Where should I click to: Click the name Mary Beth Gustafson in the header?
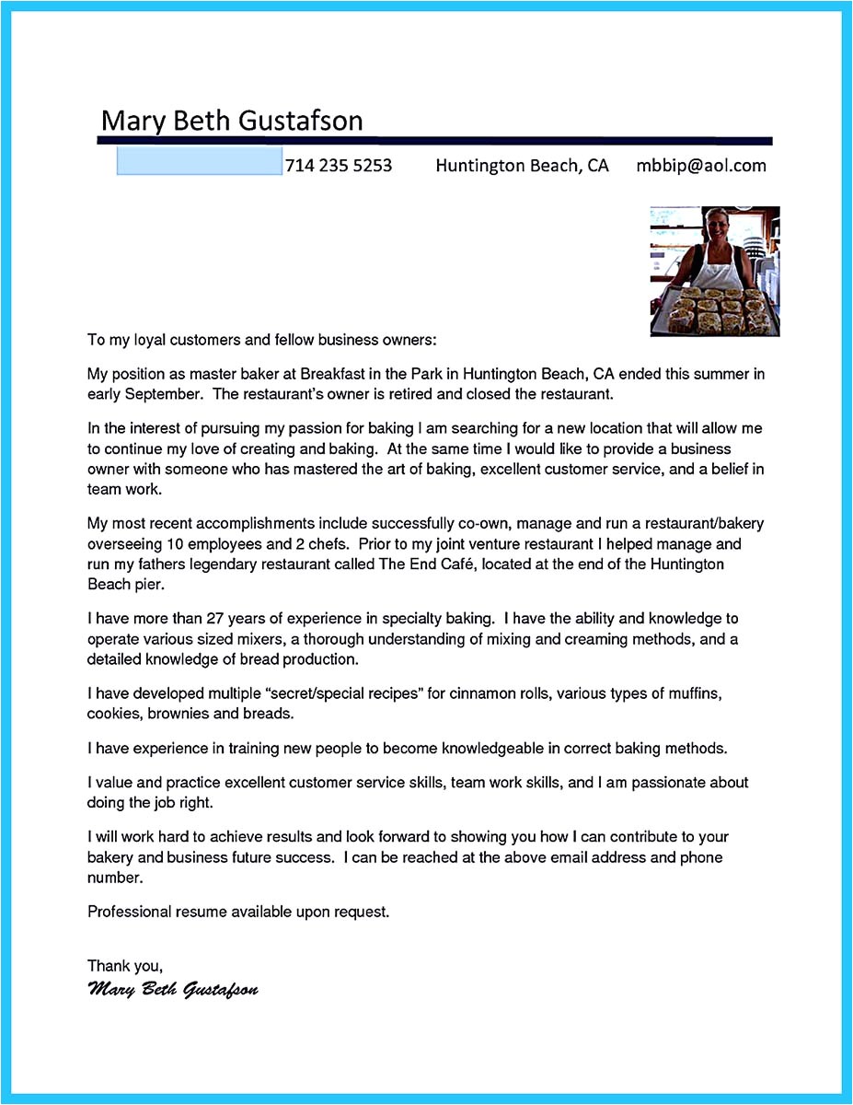(x=232, y=121)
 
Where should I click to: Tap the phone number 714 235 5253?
(x=339, y=166)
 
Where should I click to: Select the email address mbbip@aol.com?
(x=700, y=166)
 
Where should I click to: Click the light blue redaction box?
(x=199, y=162)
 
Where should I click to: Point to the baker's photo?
(x=714, y=271)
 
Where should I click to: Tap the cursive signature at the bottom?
(x=173, y=990)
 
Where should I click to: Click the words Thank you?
(x=124, y=966)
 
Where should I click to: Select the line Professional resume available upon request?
(x=238, y=912)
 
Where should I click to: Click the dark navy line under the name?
(x=434, y=141)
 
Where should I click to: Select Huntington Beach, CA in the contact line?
(x=522, y=166)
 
